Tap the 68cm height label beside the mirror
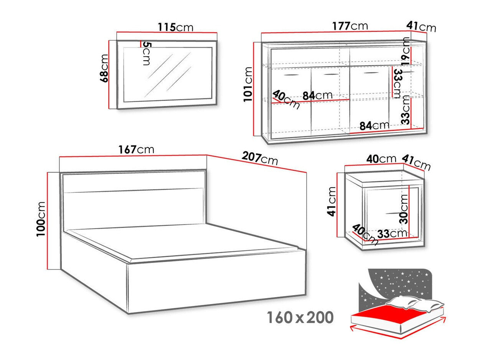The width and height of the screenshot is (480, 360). coord(104,68)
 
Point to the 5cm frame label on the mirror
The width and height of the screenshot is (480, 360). coord(146,53)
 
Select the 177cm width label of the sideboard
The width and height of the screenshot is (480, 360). coord(350,26)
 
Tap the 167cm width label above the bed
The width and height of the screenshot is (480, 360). coord(137,149)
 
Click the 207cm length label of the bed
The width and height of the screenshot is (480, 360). coord(260,158)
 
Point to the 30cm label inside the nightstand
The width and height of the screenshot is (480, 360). coord(404,209)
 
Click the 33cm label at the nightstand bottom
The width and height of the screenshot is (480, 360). coord(391,233)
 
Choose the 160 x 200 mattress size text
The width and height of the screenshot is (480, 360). coord(300,318)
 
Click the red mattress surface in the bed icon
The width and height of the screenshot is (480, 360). coord(388,313)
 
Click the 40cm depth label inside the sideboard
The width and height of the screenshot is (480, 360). coord(286,100)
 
